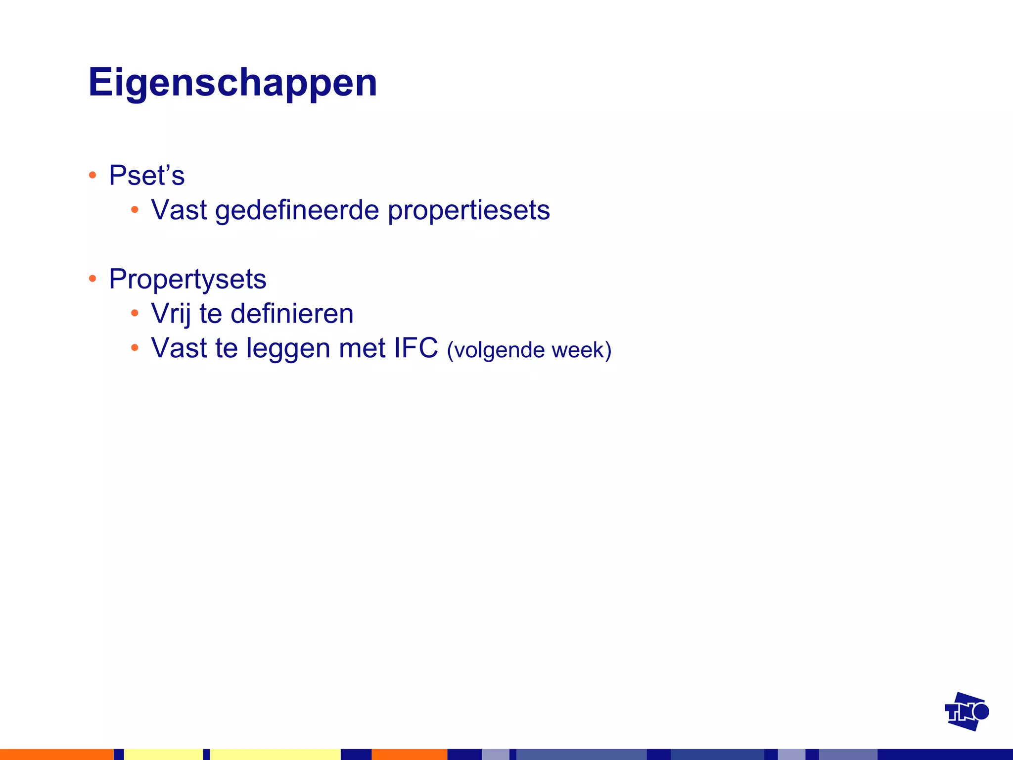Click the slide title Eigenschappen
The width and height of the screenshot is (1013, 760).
[x=232, y=83]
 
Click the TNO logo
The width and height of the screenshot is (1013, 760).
[x=966, y=712]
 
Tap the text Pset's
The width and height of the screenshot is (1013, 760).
[x=146, y=175]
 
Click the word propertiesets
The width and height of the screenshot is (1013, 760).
[x=468, y=210]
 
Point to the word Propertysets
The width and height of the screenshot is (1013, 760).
[x=187, y=279]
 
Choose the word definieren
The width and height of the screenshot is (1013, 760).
[x=292, y=314]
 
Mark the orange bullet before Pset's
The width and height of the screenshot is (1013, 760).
[x=92, y=175]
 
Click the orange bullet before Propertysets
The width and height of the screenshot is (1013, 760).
[x=92, y=279]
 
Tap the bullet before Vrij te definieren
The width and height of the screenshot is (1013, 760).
[x=135, y=313]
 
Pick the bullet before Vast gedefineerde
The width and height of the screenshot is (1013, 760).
[x=135, y=210]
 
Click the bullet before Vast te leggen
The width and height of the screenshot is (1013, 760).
[x=135, y=348]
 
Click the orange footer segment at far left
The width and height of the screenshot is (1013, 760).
[x=56, y=754]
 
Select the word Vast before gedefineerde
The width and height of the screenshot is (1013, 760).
[x=179, y=210]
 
